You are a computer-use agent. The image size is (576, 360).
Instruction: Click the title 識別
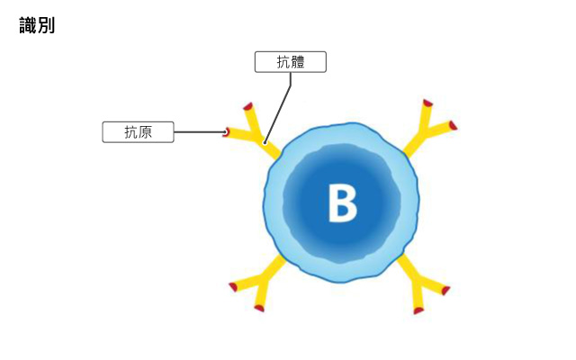(37, 25)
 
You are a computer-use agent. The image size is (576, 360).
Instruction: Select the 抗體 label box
(290, 62)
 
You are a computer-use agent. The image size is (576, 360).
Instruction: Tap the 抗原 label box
(138, 132)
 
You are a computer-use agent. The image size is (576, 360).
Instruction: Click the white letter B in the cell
(342, 202)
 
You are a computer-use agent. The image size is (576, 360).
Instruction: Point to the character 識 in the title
(28, 25)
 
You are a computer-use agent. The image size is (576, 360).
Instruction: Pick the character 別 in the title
(46, 25)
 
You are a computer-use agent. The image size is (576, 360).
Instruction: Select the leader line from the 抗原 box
(200, 132)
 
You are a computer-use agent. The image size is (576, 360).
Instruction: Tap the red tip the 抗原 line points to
(226, 132)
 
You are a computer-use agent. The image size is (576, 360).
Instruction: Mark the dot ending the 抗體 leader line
(265, 142)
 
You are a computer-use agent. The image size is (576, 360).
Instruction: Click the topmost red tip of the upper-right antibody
(427, 103)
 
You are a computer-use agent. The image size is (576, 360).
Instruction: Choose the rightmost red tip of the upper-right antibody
(453, 126)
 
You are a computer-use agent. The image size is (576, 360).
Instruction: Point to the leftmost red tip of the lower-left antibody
(233, 286)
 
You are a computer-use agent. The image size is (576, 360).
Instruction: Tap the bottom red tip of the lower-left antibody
(259, 308)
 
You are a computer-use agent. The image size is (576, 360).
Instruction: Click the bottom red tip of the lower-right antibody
(418, 310)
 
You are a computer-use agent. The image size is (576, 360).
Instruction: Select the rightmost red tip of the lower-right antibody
(445, 291)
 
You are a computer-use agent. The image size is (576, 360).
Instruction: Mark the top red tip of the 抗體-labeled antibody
(248, 106)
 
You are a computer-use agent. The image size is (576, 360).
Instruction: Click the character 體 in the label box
(298, 62)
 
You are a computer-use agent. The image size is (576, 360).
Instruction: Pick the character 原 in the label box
(145, 132)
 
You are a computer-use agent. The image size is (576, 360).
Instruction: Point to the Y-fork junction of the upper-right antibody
(423, 131)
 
